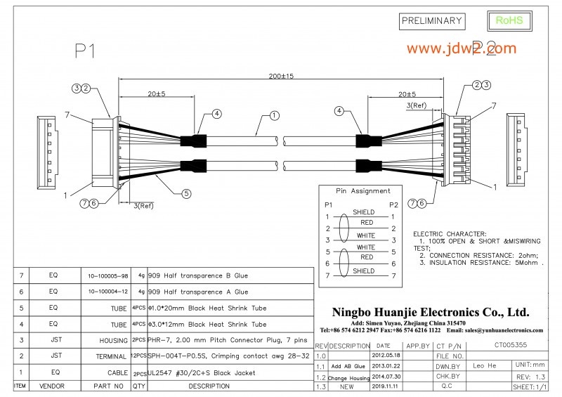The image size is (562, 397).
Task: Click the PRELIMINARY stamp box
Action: point(431,21)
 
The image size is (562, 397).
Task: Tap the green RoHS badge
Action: point(509,20)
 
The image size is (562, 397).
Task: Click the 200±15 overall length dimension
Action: point(281,75)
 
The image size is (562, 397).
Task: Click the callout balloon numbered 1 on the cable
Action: point(274,115)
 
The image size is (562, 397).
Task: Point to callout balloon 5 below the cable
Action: point(186,193)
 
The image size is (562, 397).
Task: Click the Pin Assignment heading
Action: point(362,190)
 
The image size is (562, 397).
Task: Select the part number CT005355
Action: point(510,345)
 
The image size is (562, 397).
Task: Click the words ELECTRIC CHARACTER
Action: point(450,233)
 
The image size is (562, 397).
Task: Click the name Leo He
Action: point(484,365)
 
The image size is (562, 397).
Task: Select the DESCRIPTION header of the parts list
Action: point(209,386)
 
